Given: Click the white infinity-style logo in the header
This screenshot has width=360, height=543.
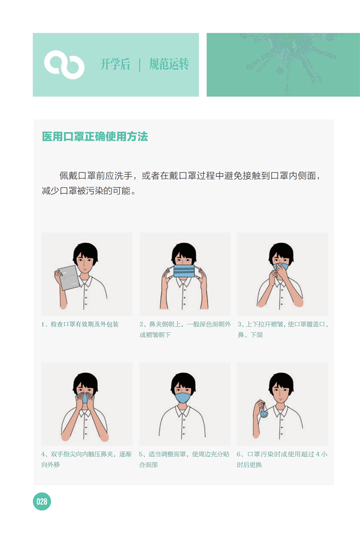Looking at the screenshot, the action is coord(64,65).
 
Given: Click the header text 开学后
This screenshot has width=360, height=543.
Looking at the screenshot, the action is coord(115,65).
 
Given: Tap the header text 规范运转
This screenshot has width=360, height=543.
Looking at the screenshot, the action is coord(169,65).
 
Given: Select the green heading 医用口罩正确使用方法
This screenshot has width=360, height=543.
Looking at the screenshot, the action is coord(94,137).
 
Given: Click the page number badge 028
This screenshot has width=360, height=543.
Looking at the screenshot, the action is coord(42,501).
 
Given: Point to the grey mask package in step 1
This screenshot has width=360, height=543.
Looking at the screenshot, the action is coord(70,277).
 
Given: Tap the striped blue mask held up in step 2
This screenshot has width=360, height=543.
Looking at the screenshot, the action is coord(184,271).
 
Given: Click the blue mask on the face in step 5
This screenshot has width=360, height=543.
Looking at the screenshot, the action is coord(183,397).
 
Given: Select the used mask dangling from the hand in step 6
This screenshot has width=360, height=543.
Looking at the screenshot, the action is coord(264,412).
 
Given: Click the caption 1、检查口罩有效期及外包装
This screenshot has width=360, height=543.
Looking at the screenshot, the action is coord(80,324).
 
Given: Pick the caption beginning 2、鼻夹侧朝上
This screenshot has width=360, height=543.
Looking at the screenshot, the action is coord(185,329).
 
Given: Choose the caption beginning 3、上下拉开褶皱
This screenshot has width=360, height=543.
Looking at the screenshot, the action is coord(283,329).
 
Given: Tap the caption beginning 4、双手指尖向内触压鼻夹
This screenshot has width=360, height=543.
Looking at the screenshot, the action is coord(87,459).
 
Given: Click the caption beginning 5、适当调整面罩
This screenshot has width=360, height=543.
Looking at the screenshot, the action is coord(184,459).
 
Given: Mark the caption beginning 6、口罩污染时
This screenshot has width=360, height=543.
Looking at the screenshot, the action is coord(282,459).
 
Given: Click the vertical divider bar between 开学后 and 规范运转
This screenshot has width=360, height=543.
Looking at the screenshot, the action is coord(139,65).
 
